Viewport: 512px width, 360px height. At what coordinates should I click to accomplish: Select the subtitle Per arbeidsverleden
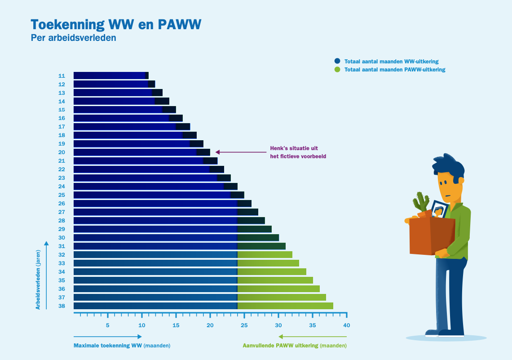[x=73, y=38]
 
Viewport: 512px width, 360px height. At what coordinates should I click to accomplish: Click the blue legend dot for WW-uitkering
[x=338, y=61]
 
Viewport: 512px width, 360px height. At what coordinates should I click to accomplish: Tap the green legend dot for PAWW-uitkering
[x=338, y=70]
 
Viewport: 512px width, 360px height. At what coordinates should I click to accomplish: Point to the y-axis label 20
[x=62, y=152]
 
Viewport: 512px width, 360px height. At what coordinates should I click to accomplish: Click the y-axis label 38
[x=62, y=306]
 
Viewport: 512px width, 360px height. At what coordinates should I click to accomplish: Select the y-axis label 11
[x=62, y=76]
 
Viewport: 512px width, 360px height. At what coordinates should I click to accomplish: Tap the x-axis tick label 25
[x=244, y=325]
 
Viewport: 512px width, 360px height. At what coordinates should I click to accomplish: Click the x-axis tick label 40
[x=346, y=325]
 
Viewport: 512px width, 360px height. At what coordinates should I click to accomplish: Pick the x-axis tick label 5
[x=108, y=325]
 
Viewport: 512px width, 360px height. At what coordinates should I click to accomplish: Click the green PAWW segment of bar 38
[x=285, y=306]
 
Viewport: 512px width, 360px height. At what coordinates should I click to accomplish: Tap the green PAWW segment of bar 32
[x=265, y=255]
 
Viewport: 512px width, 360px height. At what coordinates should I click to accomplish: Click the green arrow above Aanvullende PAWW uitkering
[x=312, y=337]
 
